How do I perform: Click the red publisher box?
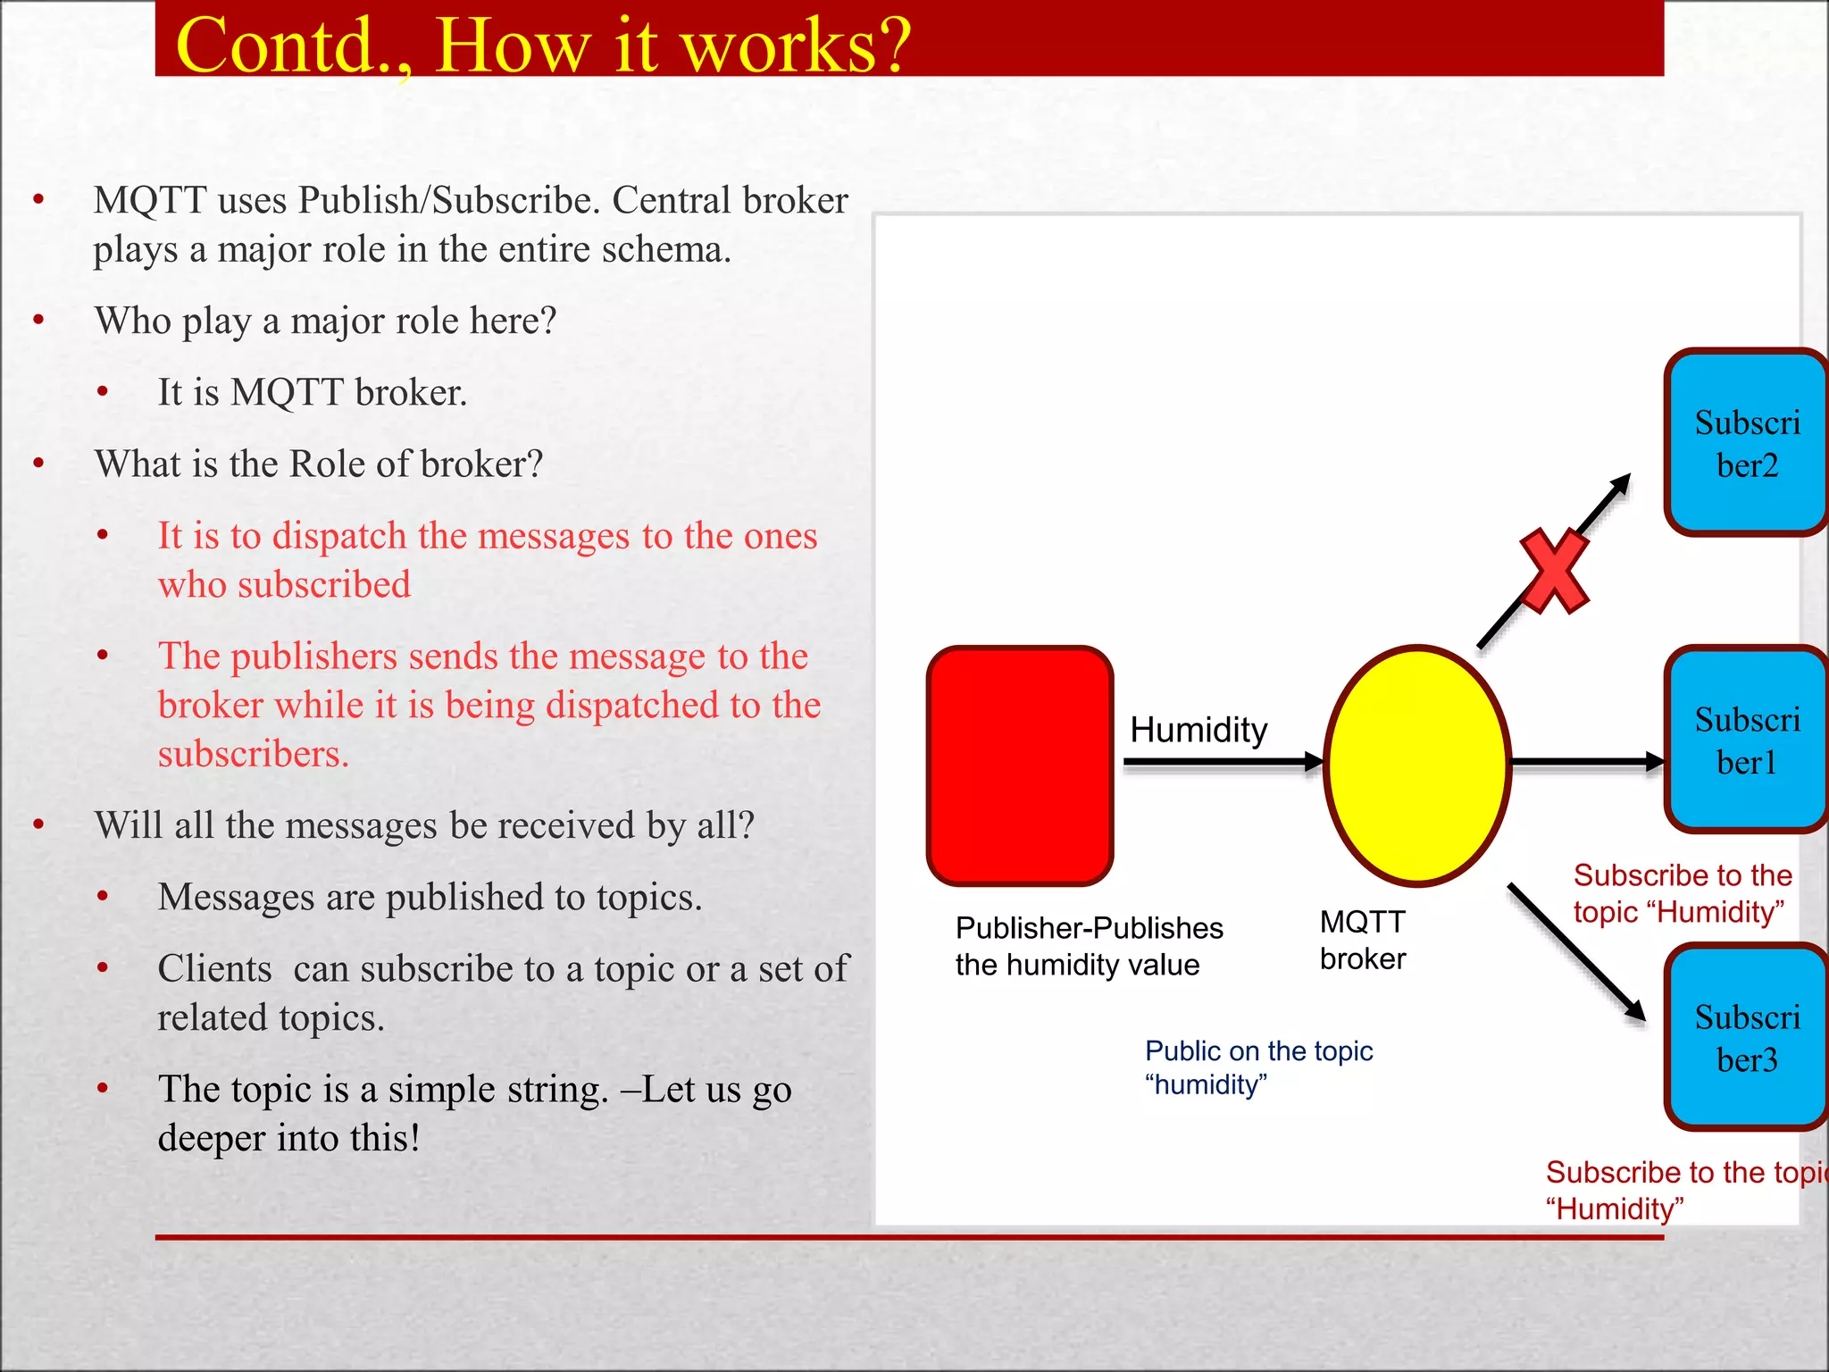[1020, 765]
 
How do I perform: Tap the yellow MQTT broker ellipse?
[1417, 765]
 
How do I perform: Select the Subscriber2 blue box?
[1746, 443]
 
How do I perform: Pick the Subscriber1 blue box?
[1746, 740]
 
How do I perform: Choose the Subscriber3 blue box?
[1746, 1037]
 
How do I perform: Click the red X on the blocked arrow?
[1554, 572]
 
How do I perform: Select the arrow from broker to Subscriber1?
[1586, 762]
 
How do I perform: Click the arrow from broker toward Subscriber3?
[1575, 951]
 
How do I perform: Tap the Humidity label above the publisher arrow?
[1198, 730]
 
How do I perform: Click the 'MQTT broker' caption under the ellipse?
[1363, 940]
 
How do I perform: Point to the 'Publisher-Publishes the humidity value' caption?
[1089, 946]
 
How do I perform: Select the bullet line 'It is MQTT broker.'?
[313, 392]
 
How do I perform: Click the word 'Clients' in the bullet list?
[214, 968]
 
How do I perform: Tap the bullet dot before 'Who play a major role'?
[38, 320]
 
